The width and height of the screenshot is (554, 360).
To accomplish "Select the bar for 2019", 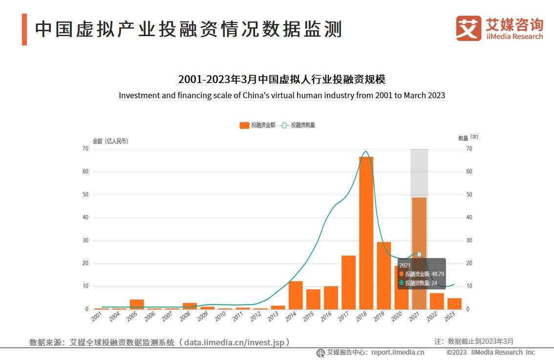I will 384,275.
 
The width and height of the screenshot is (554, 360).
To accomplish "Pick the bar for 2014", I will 296,295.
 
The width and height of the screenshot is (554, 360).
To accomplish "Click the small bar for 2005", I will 137,304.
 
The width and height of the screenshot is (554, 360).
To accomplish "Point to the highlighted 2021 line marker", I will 419,254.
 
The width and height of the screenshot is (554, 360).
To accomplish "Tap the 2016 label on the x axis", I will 326,317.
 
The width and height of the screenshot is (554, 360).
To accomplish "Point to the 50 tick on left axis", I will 85,194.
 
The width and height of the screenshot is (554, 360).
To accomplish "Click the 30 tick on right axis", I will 469,240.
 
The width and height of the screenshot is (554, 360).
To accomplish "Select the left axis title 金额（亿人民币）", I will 110,141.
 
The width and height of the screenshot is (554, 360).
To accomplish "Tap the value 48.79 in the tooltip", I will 437,274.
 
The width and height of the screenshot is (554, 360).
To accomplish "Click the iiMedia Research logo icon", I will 469,28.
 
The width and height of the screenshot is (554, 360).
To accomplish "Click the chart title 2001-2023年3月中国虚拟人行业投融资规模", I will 282,80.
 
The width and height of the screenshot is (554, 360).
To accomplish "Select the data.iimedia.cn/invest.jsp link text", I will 234,342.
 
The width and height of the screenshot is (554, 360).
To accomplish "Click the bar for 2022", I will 437,301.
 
